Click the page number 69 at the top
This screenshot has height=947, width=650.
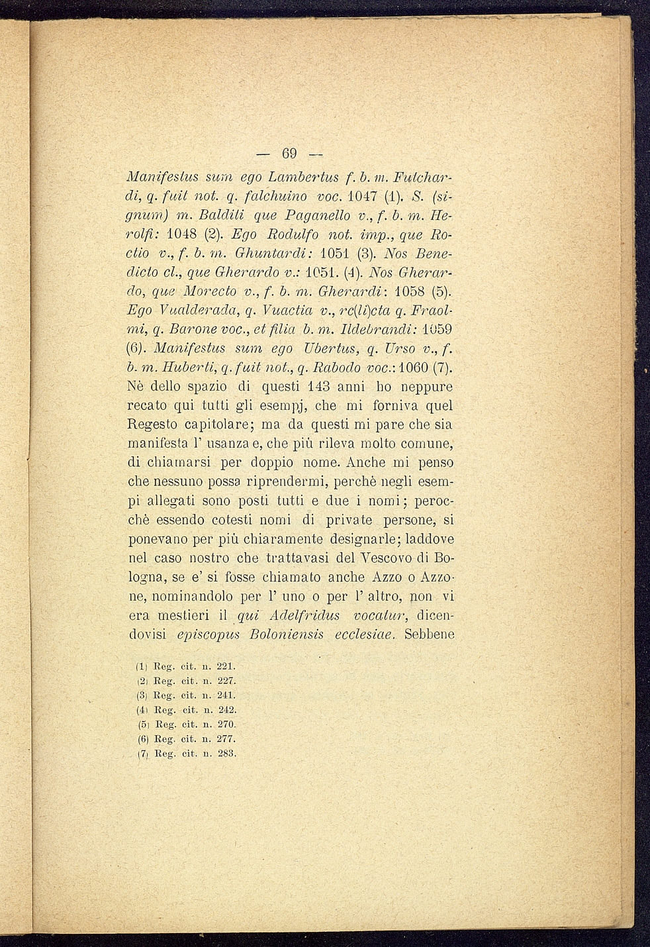point(289,154)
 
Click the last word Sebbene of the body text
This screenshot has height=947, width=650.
point(428,634)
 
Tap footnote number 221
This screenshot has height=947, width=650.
point(226,666)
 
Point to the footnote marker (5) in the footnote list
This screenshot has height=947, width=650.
point(141,724)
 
